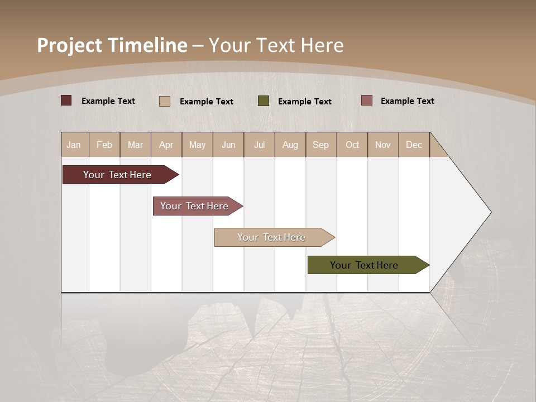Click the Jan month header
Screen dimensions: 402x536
74,145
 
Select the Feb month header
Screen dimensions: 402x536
104,145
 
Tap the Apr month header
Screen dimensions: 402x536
166,145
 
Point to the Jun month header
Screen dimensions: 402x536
228,145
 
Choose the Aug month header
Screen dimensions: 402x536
290,145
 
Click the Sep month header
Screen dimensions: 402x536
321,145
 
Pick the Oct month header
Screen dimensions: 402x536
352,145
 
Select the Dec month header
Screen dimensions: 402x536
414,145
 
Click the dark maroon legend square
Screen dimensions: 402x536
66,100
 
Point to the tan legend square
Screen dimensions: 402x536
165,101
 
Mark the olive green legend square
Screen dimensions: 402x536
264,101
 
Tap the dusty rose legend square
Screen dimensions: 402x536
366,100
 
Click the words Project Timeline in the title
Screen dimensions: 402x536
112,45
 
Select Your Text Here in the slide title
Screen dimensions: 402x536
276,45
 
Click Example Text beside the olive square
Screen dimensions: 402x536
305,102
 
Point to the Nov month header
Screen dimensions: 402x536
383,145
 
